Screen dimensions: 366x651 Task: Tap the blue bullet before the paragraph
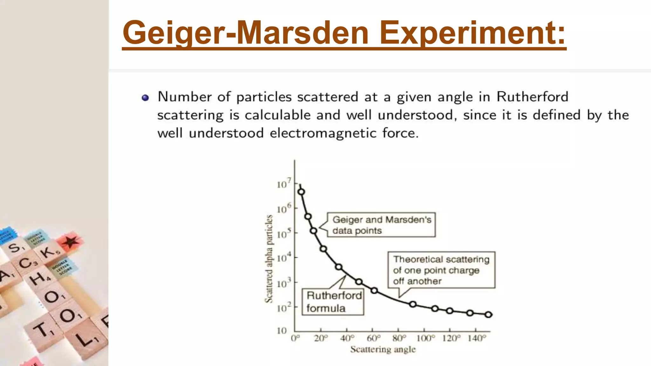pyautogui.click(x=145, y=98)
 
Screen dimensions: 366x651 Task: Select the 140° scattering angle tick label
pyautogui.click(x=476, y=338)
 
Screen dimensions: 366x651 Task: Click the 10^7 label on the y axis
pyautogui.click(x=284, y=184)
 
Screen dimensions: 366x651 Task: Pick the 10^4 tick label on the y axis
pyautogui.click(x=284, y=257)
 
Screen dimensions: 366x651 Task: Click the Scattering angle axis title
pyautogui.click(x=383, y=349)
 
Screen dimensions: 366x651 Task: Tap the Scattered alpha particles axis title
pyautogui.click(x=269, y=259)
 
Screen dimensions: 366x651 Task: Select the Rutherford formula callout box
pyautogui.click(x=333, y=302)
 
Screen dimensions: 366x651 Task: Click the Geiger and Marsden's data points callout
pyautogui.click(x=381, y=225)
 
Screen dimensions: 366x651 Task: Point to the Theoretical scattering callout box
pyautogui.click(x=441, y=270)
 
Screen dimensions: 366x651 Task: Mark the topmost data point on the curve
pyautogui.click(x=301, y=192)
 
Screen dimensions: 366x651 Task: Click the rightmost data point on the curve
pyautogui.click(x=489, y=315)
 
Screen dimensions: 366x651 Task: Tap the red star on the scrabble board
pyautogui.click(x=71, y=241)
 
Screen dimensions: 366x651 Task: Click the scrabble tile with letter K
pyautogui.click(x=49, y=252)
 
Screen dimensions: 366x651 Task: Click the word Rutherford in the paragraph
pyautogui.click(x=532, y=97)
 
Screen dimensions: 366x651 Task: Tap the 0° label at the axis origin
pyautogui.click(x=295, y=338)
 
